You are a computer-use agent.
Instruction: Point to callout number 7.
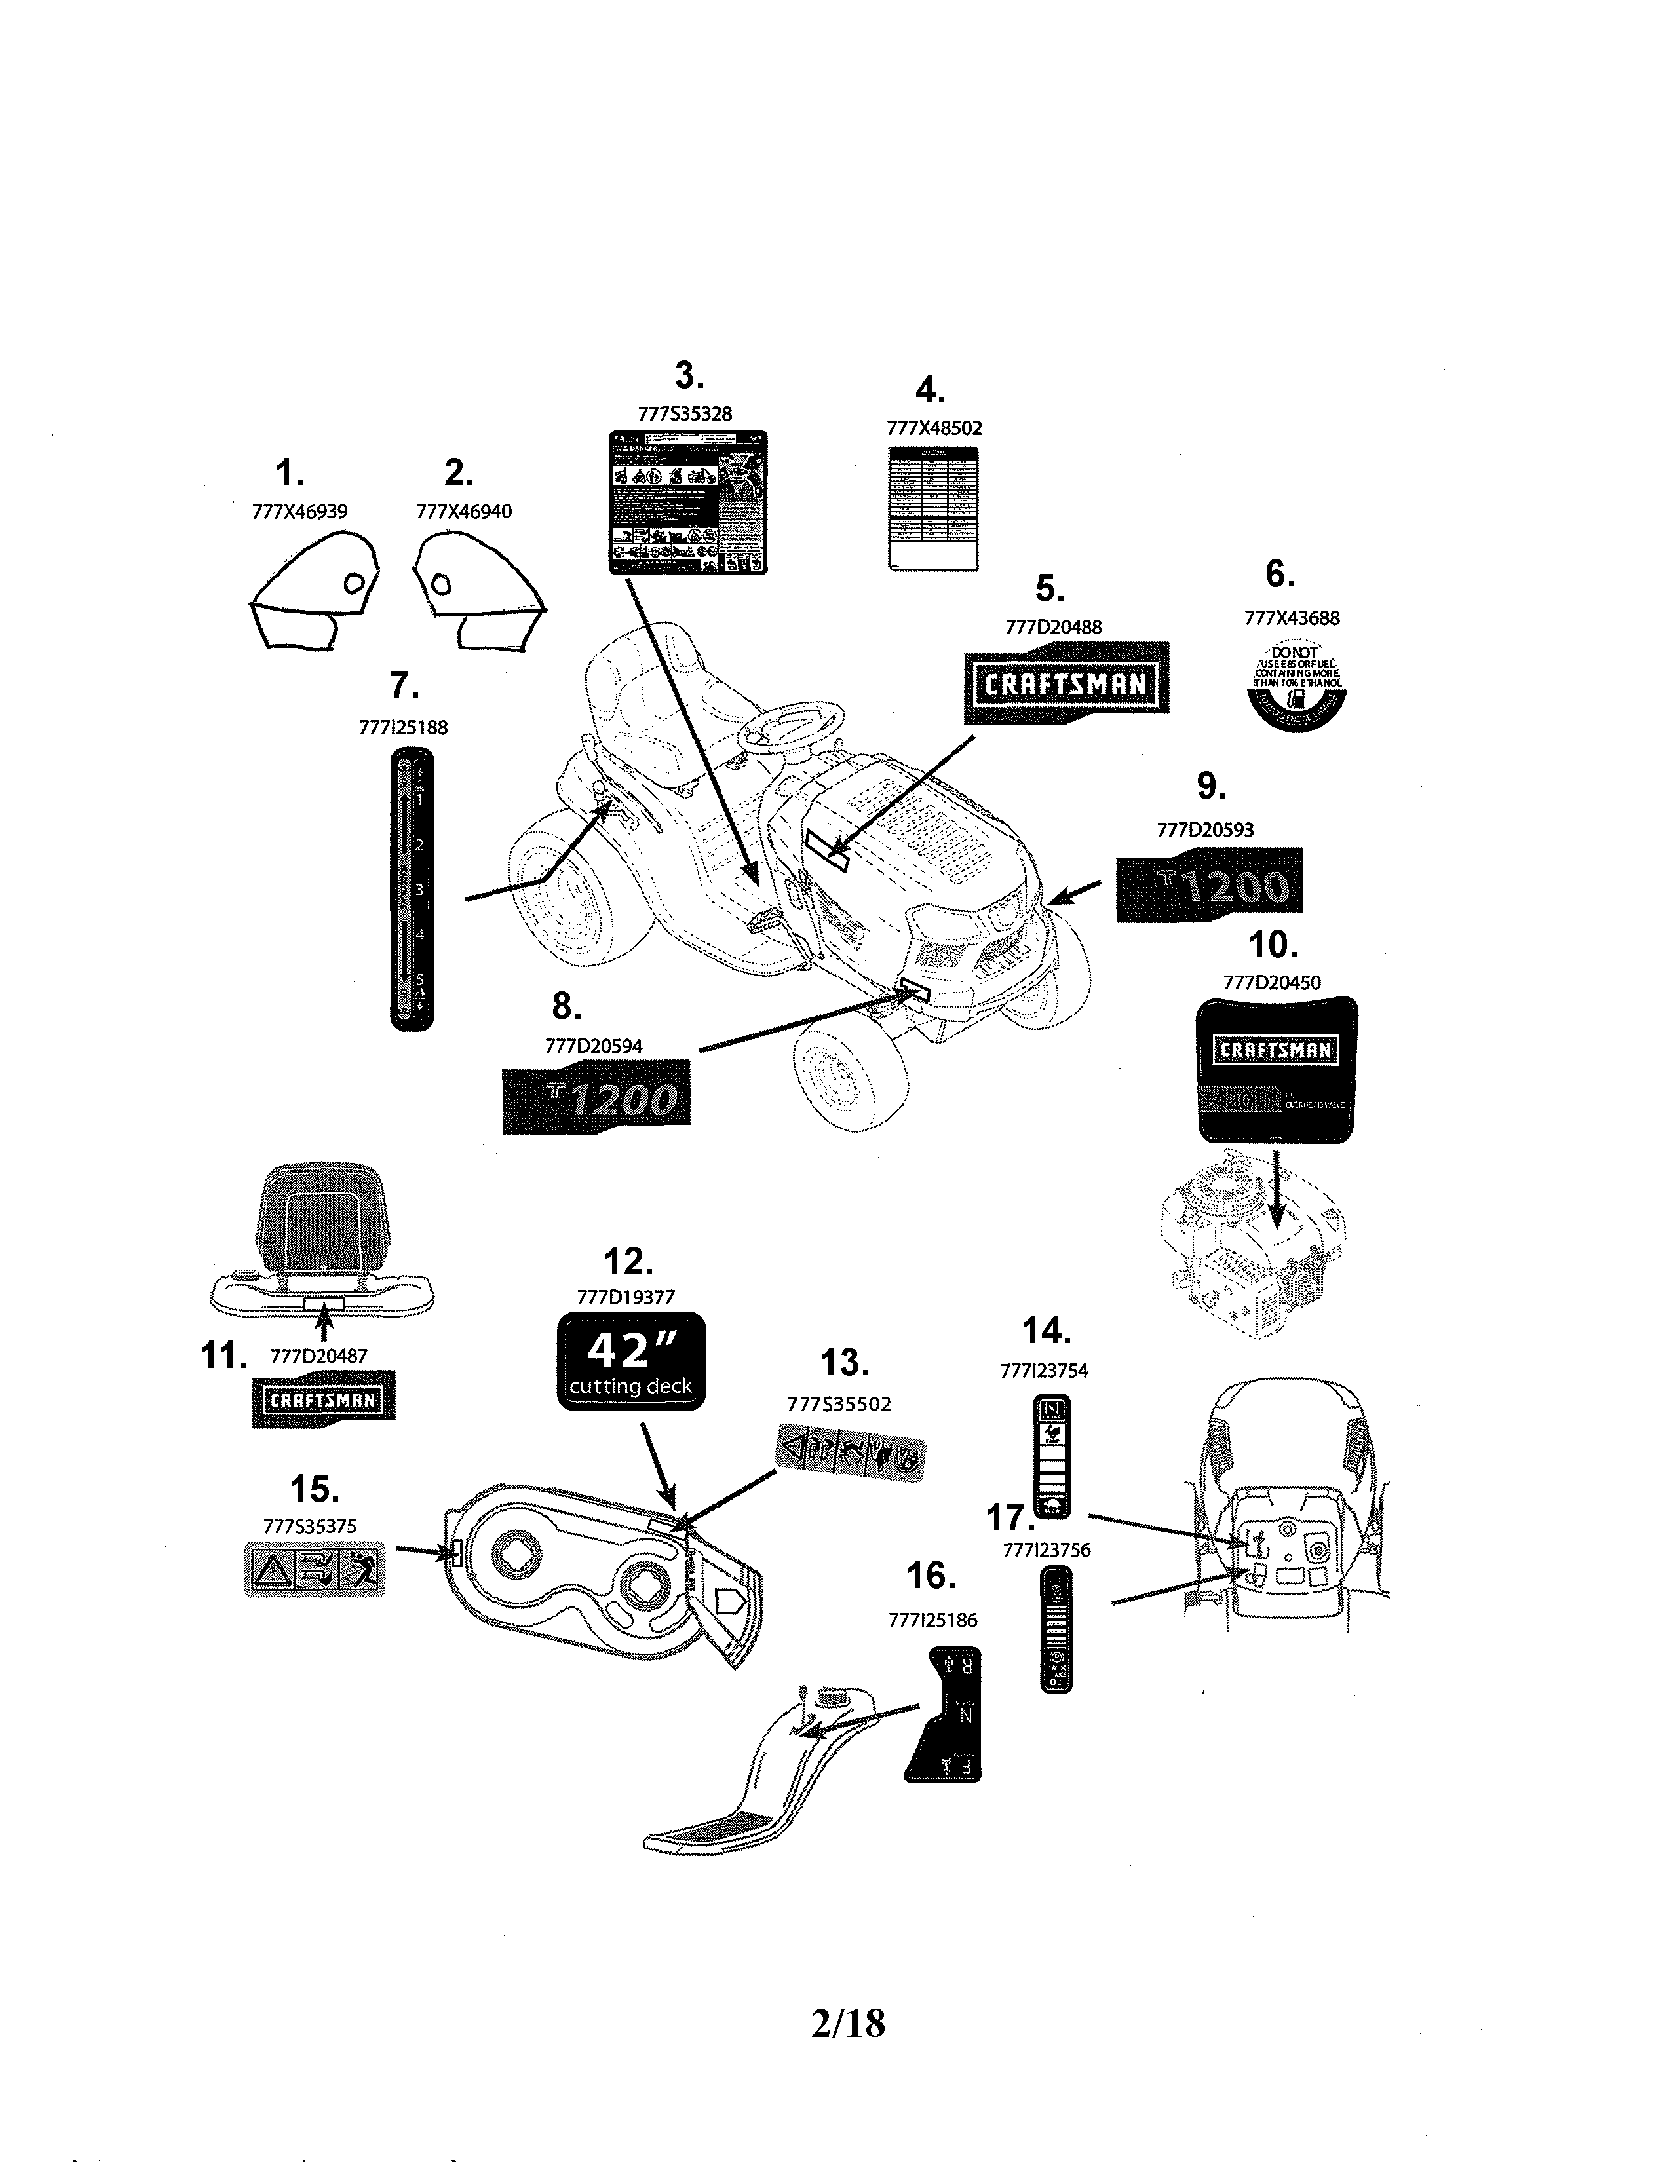coord(403,686)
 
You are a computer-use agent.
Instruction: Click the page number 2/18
coord(847,2022)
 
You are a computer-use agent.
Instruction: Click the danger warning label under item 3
coord(687,502)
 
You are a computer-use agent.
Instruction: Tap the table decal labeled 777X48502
coord(934,508)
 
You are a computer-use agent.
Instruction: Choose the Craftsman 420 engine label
coord(1276,1070)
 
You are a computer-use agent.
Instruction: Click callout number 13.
coord(845,1363)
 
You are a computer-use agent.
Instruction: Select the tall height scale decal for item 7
coord(412,889)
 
